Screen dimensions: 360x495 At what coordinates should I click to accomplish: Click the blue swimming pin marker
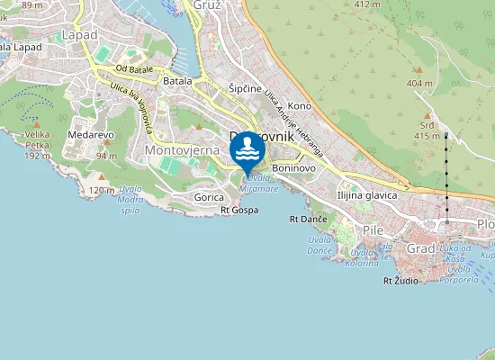point(247,151)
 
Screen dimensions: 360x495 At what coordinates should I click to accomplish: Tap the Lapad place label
point(79,34)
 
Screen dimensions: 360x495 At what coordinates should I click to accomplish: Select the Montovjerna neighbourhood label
point(182,149)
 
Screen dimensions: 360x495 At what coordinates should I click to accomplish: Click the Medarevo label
point(90,135)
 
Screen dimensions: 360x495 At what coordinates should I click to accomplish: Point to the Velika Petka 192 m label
point(37,148)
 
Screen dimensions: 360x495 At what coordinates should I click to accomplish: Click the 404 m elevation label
point(419,83)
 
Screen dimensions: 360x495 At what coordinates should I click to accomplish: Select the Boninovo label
point(293,167)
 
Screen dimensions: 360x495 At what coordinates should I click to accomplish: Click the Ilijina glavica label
point(367,195)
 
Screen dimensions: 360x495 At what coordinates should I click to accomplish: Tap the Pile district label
point(372,229)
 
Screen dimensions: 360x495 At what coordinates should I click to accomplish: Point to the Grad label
point(421,247)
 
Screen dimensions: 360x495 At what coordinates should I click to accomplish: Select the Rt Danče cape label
point(308,219)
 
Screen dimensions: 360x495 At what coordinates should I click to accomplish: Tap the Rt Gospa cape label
point(239,210)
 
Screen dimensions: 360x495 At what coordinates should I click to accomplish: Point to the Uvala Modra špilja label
point(130,199)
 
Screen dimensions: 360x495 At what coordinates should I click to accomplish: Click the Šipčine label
point(245,90)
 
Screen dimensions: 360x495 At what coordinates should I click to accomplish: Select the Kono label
point(300,106)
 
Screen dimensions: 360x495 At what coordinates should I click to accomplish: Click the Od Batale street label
point(134,69)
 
